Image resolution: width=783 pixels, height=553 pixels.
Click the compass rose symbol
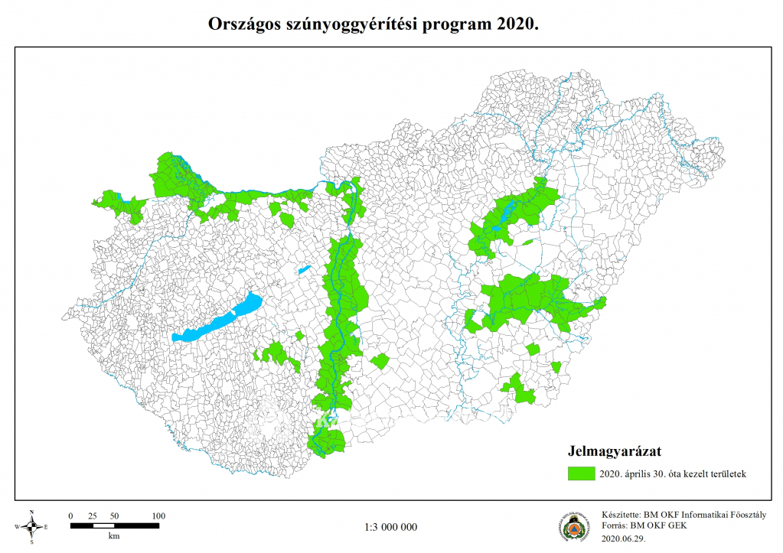pyautogui.click(x=31, y=526)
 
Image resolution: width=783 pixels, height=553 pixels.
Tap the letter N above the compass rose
pyautogui.click(x=31, y=512)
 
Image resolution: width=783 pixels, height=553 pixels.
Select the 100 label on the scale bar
pyautogui.click(x=158, y=516)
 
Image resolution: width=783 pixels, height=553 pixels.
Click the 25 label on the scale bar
pyautogui.click(x=93, y=516)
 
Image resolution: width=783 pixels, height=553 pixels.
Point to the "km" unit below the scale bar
pyautogui.click(x=114, y=536)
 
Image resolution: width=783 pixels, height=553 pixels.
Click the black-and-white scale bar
pyautogui.click(x=114, y=526)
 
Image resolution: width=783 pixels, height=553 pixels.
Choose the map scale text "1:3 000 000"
pyautogui.click(x=391, y=527)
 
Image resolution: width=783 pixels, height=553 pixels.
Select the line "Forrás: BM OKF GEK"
pyautogui.click(x=644, y=527)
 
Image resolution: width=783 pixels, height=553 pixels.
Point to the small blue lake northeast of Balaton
pyautogui.click(x=304, y=269)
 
